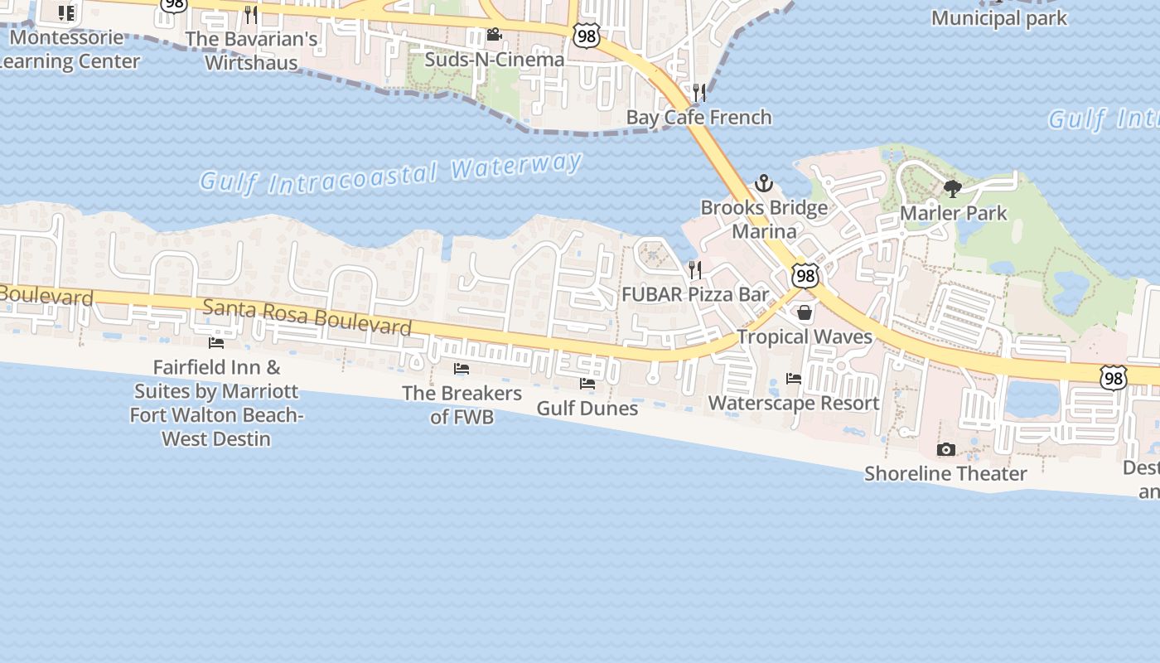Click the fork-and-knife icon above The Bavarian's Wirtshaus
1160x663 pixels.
(x=251, y=15)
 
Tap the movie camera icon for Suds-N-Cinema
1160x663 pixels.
(x=495, y=35)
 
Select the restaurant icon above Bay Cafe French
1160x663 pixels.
(x=699, y=92)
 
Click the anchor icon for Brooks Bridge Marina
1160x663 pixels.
(x=764, y=183)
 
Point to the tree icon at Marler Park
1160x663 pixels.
(x=953, y=189)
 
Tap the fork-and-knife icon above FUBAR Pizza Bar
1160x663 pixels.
(x=695, y=269)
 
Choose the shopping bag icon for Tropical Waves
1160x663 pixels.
(x=805, y=312)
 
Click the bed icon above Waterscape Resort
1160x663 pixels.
(x=794, y=379)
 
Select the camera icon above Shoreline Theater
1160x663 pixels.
(x=945, y=449)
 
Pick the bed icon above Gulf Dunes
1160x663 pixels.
(x=587, y=384)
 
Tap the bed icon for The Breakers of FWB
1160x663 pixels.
(x=462, y=369)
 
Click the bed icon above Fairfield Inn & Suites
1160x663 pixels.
(x=216, y=342)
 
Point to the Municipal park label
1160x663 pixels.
(x=999, y=18)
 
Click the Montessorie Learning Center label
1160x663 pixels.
(x=66, y=50)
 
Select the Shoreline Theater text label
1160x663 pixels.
(x=945, y=474)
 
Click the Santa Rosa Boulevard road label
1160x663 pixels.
(x=307, y=317)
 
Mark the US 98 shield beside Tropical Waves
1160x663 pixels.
(x=805, y=275)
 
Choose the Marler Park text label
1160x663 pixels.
(x=954, y=213)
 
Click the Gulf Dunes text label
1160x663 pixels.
(x=587, y=409)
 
